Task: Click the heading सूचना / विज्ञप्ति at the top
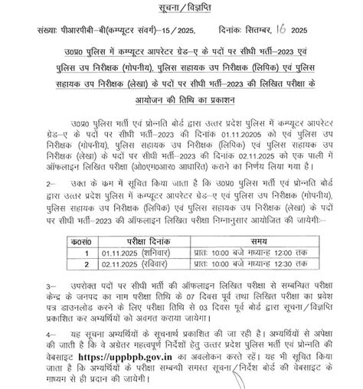pyautogui.click(x=181, y=8)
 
